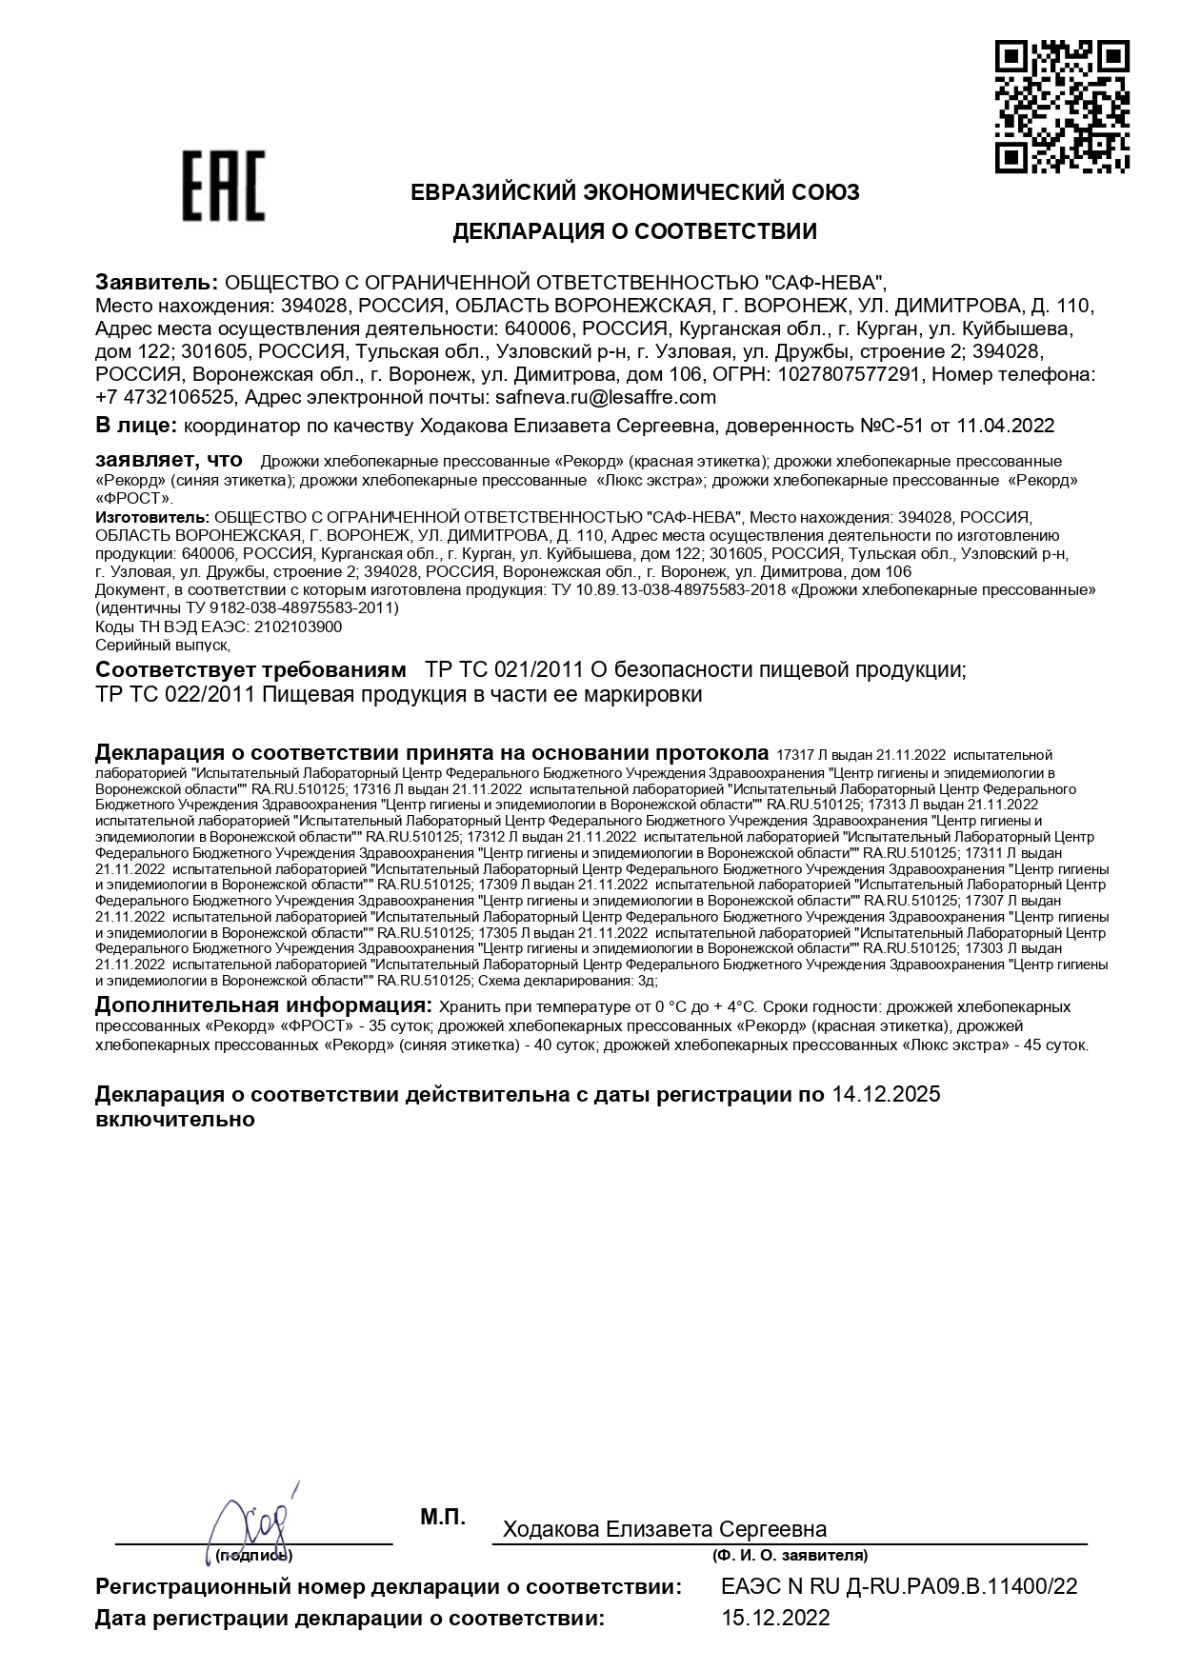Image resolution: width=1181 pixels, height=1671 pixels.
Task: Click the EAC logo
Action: pyautogui.click(x=223, y=185)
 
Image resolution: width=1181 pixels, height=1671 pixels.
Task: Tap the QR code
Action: pyautogui.click(x=1062, y=107)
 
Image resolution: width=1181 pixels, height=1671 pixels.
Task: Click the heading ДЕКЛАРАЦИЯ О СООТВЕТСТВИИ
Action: pyautogui.click(x=634, y=231)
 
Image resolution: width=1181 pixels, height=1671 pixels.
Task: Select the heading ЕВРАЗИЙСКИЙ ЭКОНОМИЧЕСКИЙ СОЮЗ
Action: pyautogui.click(x=634, y=192)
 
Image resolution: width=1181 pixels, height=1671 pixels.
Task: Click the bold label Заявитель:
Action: pyautogui.click(x=156, y=282)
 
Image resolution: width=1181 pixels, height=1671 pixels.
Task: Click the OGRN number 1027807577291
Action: pyautogui.click(x=849, y=374)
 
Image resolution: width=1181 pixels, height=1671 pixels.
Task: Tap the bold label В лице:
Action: pyautogui.click(x=135, y=425)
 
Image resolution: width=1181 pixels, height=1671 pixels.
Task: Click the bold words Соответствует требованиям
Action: pyautogui.click(x=250, y=669)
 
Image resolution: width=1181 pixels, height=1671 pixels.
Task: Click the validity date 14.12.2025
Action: pyautogui.click(x=886, y=1094)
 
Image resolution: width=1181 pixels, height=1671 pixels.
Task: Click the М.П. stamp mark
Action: pyautogui.click(x=443, y=1517)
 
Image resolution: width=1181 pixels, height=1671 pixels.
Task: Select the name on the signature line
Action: pyautogui.click(x=664, y=1529)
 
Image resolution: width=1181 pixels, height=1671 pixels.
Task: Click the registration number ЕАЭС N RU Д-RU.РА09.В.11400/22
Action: pyautogui.click(x=899, y=1586)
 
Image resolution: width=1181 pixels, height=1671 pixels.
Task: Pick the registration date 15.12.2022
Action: pyautogui.click(x=775, y=1618)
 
